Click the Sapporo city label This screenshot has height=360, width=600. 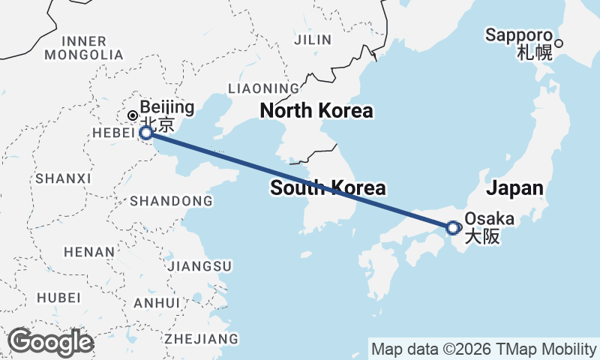tap(518, 35)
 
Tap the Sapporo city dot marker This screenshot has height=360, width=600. tap(559, 43)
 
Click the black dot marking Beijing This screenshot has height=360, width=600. tap(132, 115)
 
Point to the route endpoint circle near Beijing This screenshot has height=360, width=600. tap(146, 133)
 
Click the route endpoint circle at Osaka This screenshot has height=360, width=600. tap(452, 227)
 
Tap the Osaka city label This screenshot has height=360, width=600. tap(490, 219)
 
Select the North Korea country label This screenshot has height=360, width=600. tap(316, 112)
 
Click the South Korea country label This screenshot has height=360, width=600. tap(328, 187)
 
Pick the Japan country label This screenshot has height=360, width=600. tap(516, 187)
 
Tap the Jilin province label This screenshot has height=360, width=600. tap(313, 39)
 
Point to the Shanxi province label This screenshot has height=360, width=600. tap(63, 178)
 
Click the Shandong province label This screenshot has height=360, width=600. tap(171, 201)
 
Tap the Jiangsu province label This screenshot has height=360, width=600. tap(200, 266)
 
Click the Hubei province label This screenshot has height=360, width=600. tap(58, 297)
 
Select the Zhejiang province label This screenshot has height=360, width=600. tap(202, 338)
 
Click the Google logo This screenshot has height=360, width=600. tap(50, 342)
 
